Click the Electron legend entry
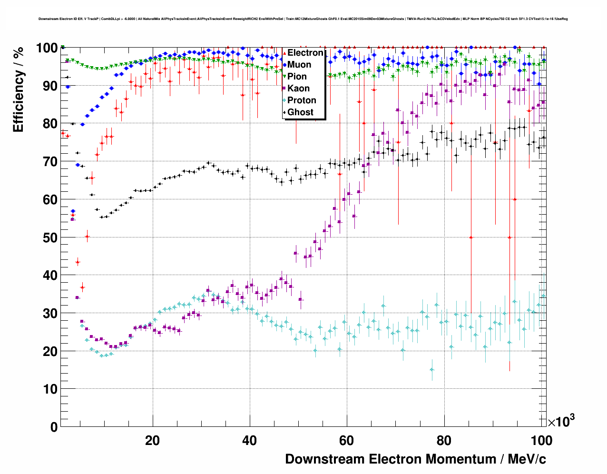tap(305, 53)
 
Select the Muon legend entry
tap(299, 65)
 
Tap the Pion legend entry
tap(297, 77)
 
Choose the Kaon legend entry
tap(298, 89)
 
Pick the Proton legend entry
tap(301, 100)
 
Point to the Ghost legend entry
tap(300, 112)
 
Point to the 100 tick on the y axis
tap(47, 48)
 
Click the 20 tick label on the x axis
tap(152, 440)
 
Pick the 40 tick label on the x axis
tap(249, 440)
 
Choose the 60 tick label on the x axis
tap(347, 440)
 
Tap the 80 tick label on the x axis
tap(444, 440)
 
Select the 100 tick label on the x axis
tap(541, 440)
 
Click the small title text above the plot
tap(303, 19)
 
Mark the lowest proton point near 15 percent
tap(432, 369)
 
